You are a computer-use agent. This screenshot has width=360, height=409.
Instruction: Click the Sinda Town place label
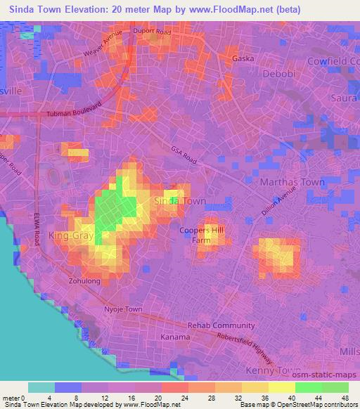tap(180, 201)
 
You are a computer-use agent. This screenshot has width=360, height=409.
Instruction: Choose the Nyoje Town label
tap(123, 309)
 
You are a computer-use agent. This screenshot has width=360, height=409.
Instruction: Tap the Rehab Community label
tap(221, 325)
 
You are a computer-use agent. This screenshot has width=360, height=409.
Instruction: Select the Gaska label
tap(243, 59)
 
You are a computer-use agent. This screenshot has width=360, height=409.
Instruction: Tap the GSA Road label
tap(184, 156)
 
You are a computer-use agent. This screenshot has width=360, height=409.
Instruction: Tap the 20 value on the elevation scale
tap(161, 399)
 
